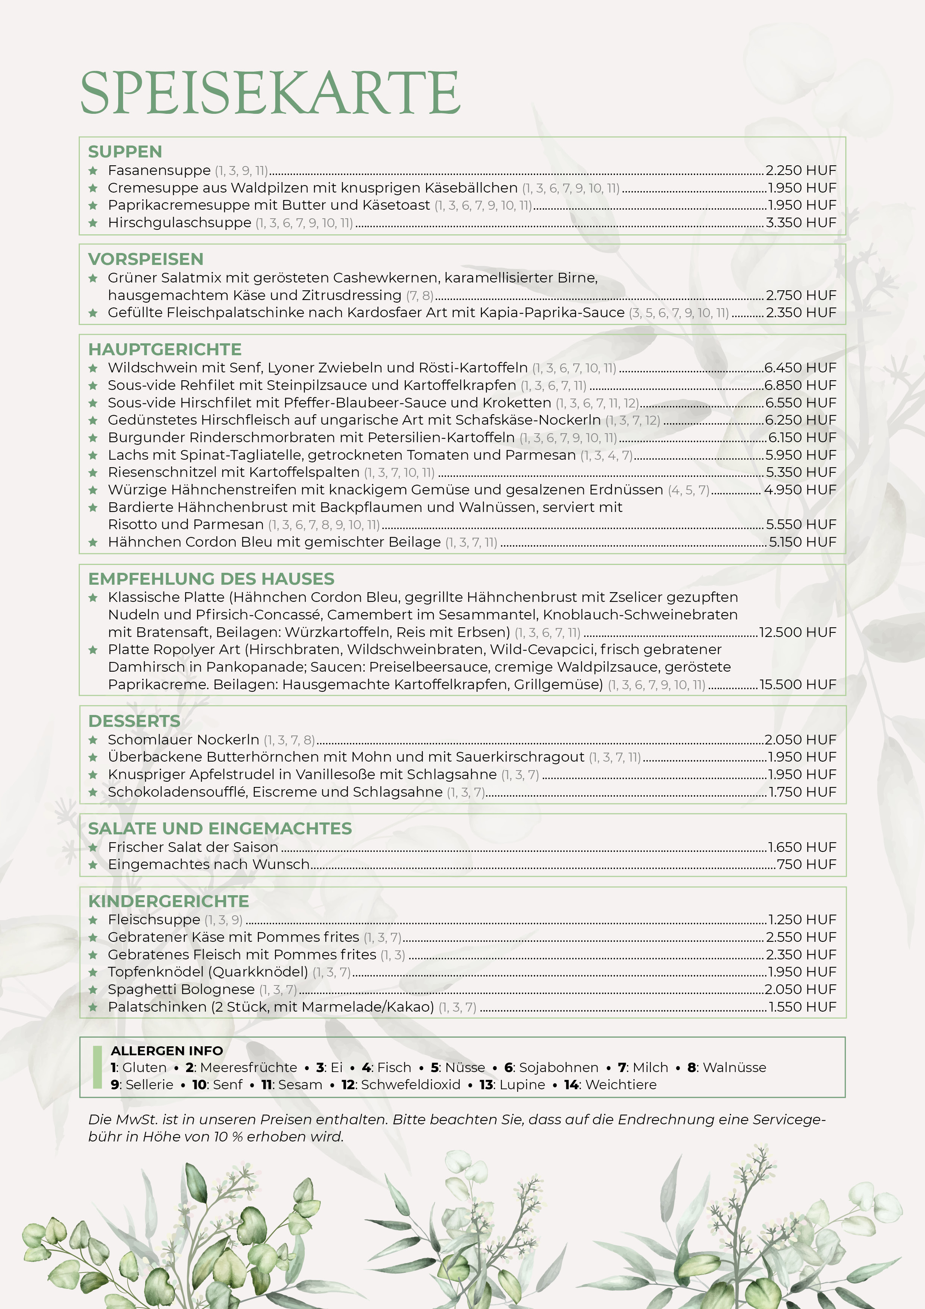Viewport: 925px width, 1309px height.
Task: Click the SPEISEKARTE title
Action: tap(270, 93)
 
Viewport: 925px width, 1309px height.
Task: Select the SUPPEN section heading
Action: tap(125, 151)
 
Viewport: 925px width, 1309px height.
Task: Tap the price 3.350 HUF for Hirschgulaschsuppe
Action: tap(801, 222)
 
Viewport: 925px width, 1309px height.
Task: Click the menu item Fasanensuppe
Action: tap(159, 171)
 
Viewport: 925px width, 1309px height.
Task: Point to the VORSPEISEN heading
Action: tap(145, 259)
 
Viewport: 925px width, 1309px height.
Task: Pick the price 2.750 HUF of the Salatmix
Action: tap(801, 295)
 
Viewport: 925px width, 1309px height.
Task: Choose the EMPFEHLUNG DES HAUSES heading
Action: tap(211, 579)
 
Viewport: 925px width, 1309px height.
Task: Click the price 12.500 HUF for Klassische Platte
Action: tap(797, 632)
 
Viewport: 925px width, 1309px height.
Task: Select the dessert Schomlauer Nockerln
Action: tap(183, 740)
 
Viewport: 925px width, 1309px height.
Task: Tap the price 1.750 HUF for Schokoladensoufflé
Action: tap(802, 792)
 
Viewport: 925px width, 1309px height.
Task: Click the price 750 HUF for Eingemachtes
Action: tap(806, 864)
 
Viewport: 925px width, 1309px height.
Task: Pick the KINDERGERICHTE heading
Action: tap(168, 902)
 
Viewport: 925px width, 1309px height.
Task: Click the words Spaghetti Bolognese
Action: tap(181, 989)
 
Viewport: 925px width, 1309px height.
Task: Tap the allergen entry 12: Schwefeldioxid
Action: tap(401, 1084)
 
